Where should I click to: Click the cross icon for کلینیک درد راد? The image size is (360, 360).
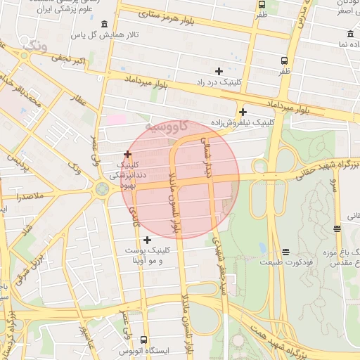[x=219, y=70]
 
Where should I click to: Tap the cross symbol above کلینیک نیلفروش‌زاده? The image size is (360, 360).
[x=243, y=112]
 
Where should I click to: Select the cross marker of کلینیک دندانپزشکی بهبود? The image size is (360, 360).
[x=127, y=154]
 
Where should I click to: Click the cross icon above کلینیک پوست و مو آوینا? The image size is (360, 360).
[x=147, y=240]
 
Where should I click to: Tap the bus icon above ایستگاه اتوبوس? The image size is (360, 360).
[x=144, y=340]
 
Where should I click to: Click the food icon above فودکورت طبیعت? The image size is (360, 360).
[x=285, y=252]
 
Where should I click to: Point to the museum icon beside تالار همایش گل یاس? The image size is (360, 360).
[x=105, y=24]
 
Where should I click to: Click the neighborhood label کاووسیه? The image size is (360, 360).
[x=165, y=127]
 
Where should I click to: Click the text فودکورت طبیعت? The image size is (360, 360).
[x=284, y=262]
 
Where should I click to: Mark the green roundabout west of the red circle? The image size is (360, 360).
[x=103, y=188]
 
